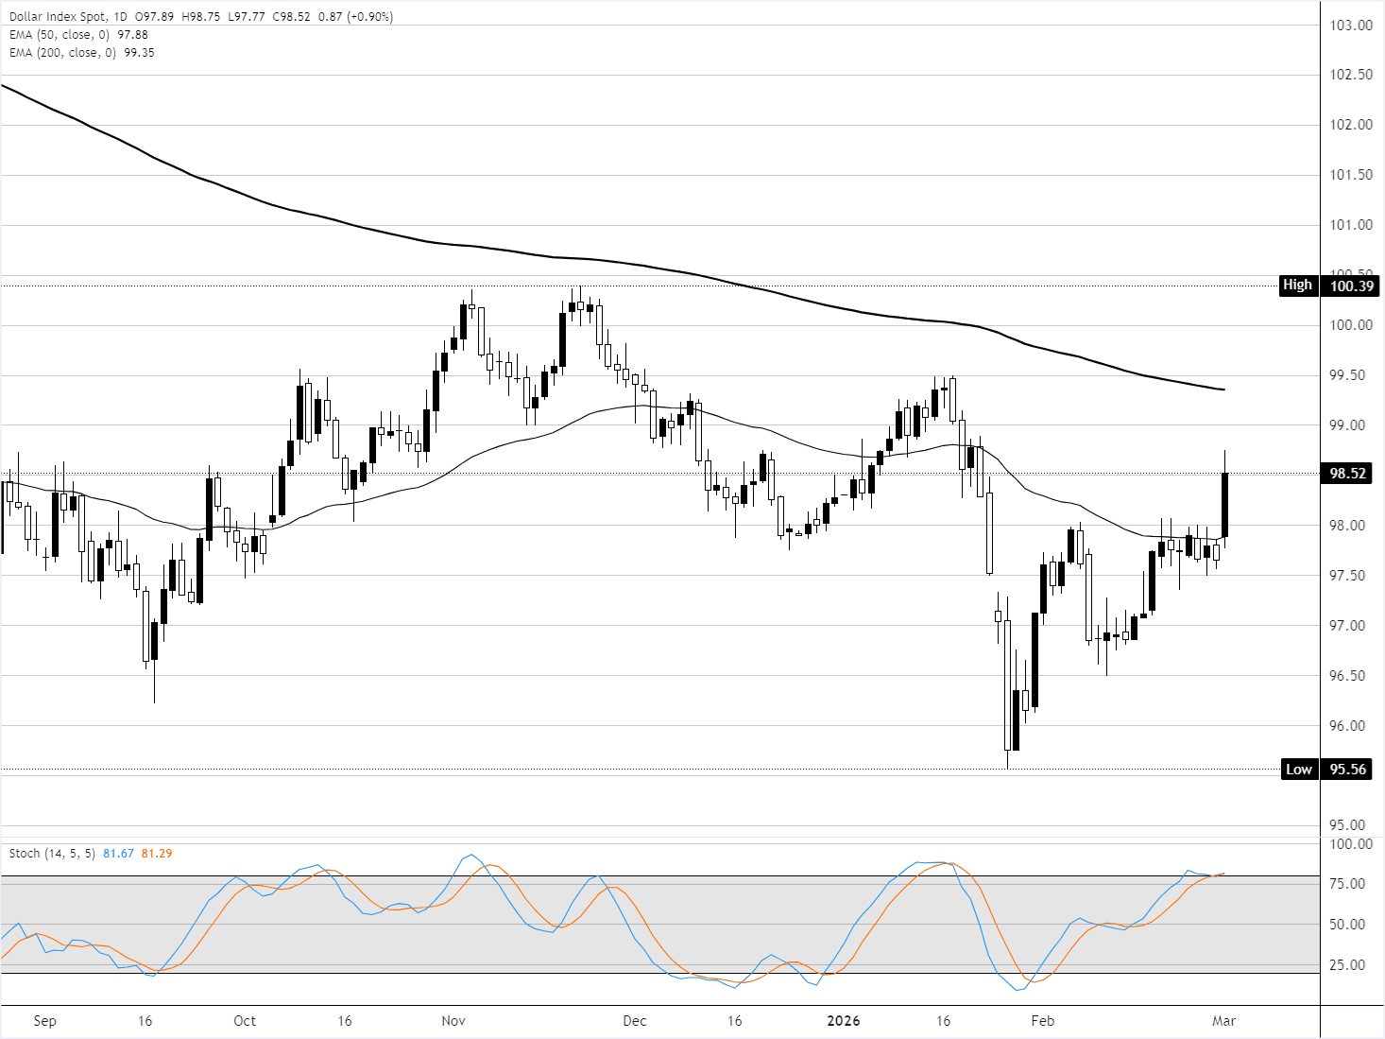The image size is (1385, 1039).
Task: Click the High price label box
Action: pos(1297,285)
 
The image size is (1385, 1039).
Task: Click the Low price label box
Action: pos(1298,769)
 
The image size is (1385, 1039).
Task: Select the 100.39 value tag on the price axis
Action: pos(1351,286)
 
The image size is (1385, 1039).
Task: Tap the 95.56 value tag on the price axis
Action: pos(1348,769)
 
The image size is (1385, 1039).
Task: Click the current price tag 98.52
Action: pos(1348,474)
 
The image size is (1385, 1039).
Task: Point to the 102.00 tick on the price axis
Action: pos(1351,125)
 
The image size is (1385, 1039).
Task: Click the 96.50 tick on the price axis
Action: pos(1351,676)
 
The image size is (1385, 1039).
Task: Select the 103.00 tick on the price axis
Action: pos(1351,26)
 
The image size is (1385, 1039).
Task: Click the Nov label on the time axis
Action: pos(453,1021)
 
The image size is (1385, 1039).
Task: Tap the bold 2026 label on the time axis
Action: pos(844,1021)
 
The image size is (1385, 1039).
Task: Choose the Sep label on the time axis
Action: pos(44,1021)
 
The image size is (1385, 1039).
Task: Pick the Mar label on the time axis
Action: pos(1223,1021)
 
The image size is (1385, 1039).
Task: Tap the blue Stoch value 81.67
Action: pos(119,854)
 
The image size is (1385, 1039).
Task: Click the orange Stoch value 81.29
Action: pos(157,854)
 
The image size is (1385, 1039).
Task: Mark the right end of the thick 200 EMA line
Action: pos(1224,390)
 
